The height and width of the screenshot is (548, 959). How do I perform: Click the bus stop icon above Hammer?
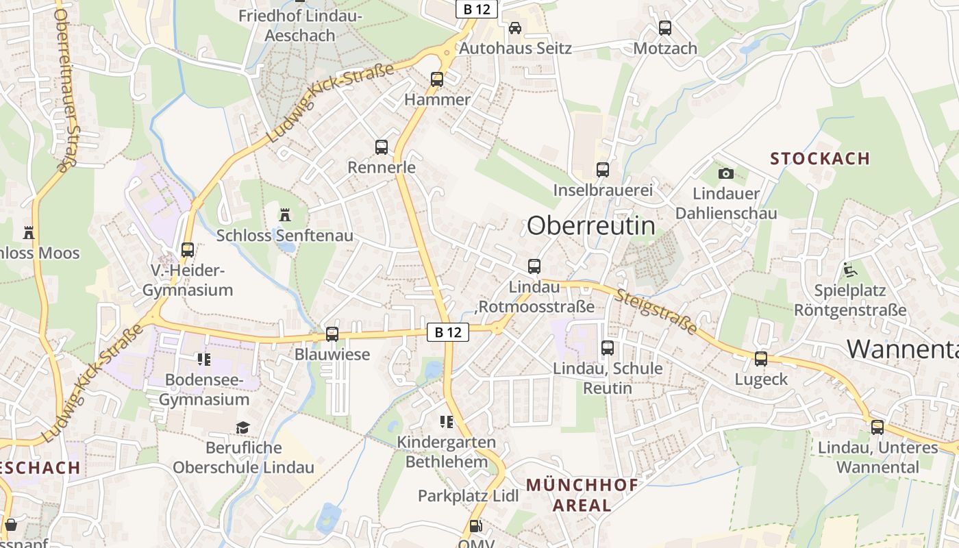(437, 79)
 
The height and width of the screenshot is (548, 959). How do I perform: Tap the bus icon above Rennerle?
(382, 147)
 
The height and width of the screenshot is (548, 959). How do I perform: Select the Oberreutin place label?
(590, 225)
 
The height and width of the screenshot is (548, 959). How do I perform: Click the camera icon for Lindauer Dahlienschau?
(726, 173)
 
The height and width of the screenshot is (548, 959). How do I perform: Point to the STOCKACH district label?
(820, 159)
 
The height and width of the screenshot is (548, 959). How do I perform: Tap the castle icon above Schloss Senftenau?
(285, 215)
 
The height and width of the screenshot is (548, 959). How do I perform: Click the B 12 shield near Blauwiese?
(448, 332)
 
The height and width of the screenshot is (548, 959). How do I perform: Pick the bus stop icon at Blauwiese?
(332, 334)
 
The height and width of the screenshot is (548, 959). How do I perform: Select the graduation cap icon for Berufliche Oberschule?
(243, 427)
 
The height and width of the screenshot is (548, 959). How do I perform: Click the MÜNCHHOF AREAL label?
(582, 495)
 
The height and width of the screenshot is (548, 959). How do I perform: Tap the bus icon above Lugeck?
(761, 359)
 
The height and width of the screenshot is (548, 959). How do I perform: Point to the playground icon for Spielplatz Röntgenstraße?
(850, 270)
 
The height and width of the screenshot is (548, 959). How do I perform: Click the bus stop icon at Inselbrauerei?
(603, 170)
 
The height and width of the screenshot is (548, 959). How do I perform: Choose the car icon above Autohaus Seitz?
(515, 28)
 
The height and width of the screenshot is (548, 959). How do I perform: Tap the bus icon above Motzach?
(665, 28)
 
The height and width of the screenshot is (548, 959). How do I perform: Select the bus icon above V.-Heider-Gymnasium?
(188, 250)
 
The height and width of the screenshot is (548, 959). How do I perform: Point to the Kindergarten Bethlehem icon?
(447, 422)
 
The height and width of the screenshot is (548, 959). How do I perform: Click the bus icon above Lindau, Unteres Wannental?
(877, 427)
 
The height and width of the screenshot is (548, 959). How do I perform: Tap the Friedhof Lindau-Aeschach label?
(300, 25)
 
